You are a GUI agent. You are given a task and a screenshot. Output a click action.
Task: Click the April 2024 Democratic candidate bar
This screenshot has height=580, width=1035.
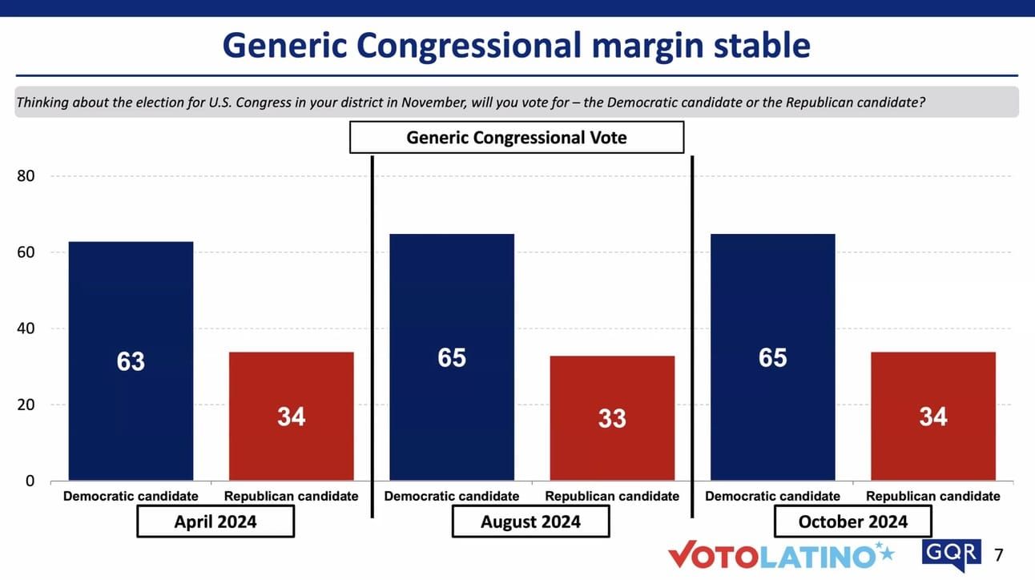tap(131, 361)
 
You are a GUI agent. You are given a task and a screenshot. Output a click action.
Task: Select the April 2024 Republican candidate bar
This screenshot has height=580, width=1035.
tap(292, 416)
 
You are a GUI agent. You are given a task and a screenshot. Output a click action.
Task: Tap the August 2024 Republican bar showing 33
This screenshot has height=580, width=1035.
tap(612, 418)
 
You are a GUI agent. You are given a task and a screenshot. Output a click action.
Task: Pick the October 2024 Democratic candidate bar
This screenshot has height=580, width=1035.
tap(772, 357)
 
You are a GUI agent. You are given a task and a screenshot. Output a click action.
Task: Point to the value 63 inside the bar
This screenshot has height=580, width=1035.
tap(131, 361)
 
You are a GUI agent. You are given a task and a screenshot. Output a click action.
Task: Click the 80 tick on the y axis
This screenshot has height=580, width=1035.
tap(26, 176)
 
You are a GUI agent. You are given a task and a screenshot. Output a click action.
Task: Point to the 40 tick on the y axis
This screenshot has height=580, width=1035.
tap(26, 328)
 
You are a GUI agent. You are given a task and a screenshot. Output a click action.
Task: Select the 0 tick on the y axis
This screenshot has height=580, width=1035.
tap(30, 481)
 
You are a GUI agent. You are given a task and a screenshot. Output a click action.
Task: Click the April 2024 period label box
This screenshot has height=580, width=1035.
tap(215, 522)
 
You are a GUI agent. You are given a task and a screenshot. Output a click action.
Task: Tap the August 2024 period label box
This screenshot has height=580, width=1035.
tap(530, 522)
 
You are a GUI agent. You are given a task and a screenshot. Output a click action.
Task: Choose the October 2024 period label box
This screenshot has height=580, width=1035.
tap(853, 522)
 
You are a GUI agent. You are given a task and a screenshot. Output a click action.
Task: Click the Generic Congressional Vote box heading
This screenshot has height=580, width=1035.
tap(517, 137)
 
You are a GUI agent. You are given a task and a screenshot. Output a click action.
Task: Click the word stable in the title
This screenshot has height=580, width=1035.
tap(762, 46)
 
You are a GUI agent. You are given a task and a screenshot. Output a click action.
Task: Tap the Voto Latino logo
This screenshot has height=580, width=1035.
tap(781, 554)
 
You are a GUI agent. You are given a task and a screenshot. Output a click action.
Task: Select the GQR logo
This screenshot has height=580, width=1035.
tap(952, 554)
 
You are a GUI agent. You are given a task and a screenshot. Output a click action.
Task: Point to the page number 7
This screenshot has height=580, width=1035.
tap(999, 554)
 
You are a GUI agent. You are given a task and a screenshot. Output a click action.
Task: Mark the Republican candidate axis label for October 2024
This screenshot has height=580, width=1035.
tap(933, 497)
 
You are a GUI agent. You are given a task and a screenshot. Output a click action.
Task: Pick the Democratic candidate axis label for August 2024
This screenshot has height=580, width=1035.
tap(452, 497)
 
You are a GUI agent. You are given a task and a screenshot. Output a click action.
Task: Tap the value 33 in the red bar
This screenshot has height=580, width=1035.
tap(612, 418)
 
